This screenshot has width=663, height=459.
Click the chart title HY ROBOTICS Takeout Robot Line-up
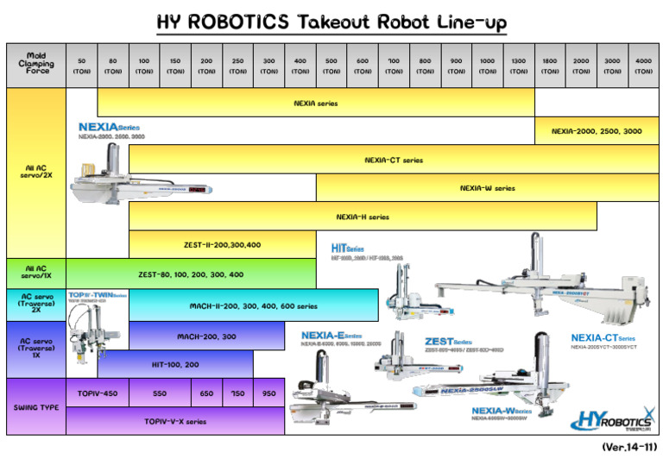(x=331, y=22)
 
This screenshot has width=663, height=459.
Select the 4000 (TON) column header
(x=642, y=66)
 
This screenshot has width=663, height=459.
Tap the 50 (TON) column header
(x=81, y=66)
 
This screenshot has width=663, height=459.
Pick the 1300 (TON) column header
(x=518, y=66)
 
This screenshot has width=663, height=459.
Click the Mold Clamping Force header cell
(x=35, y=65)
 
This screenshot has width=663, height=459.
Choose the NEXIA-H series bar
(x=363, y=217)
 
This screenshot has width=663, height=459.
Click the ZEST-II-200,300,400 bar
(x=222, y=245)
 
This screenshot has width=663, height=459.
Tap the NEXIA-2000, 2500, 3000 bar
(x=597, y=131)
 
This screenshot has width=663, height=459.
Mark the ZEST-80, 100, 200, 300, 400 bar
(x=191, y=274)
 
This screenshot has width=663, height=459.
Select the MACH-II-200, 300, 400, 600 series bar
(x=253, y=305)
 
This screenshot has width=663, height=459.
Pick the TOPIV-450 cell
(x=97, y=393)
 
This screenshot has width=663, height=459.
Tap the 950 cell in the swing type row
(x=268, y=393)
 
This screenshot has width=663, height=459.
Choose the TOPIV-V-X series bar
(x=175, y=421)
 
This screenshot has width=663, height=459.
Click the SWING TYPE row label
(x=35, y=406)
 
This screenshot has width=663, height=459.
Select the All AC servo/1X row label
(x=35, y=274)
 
